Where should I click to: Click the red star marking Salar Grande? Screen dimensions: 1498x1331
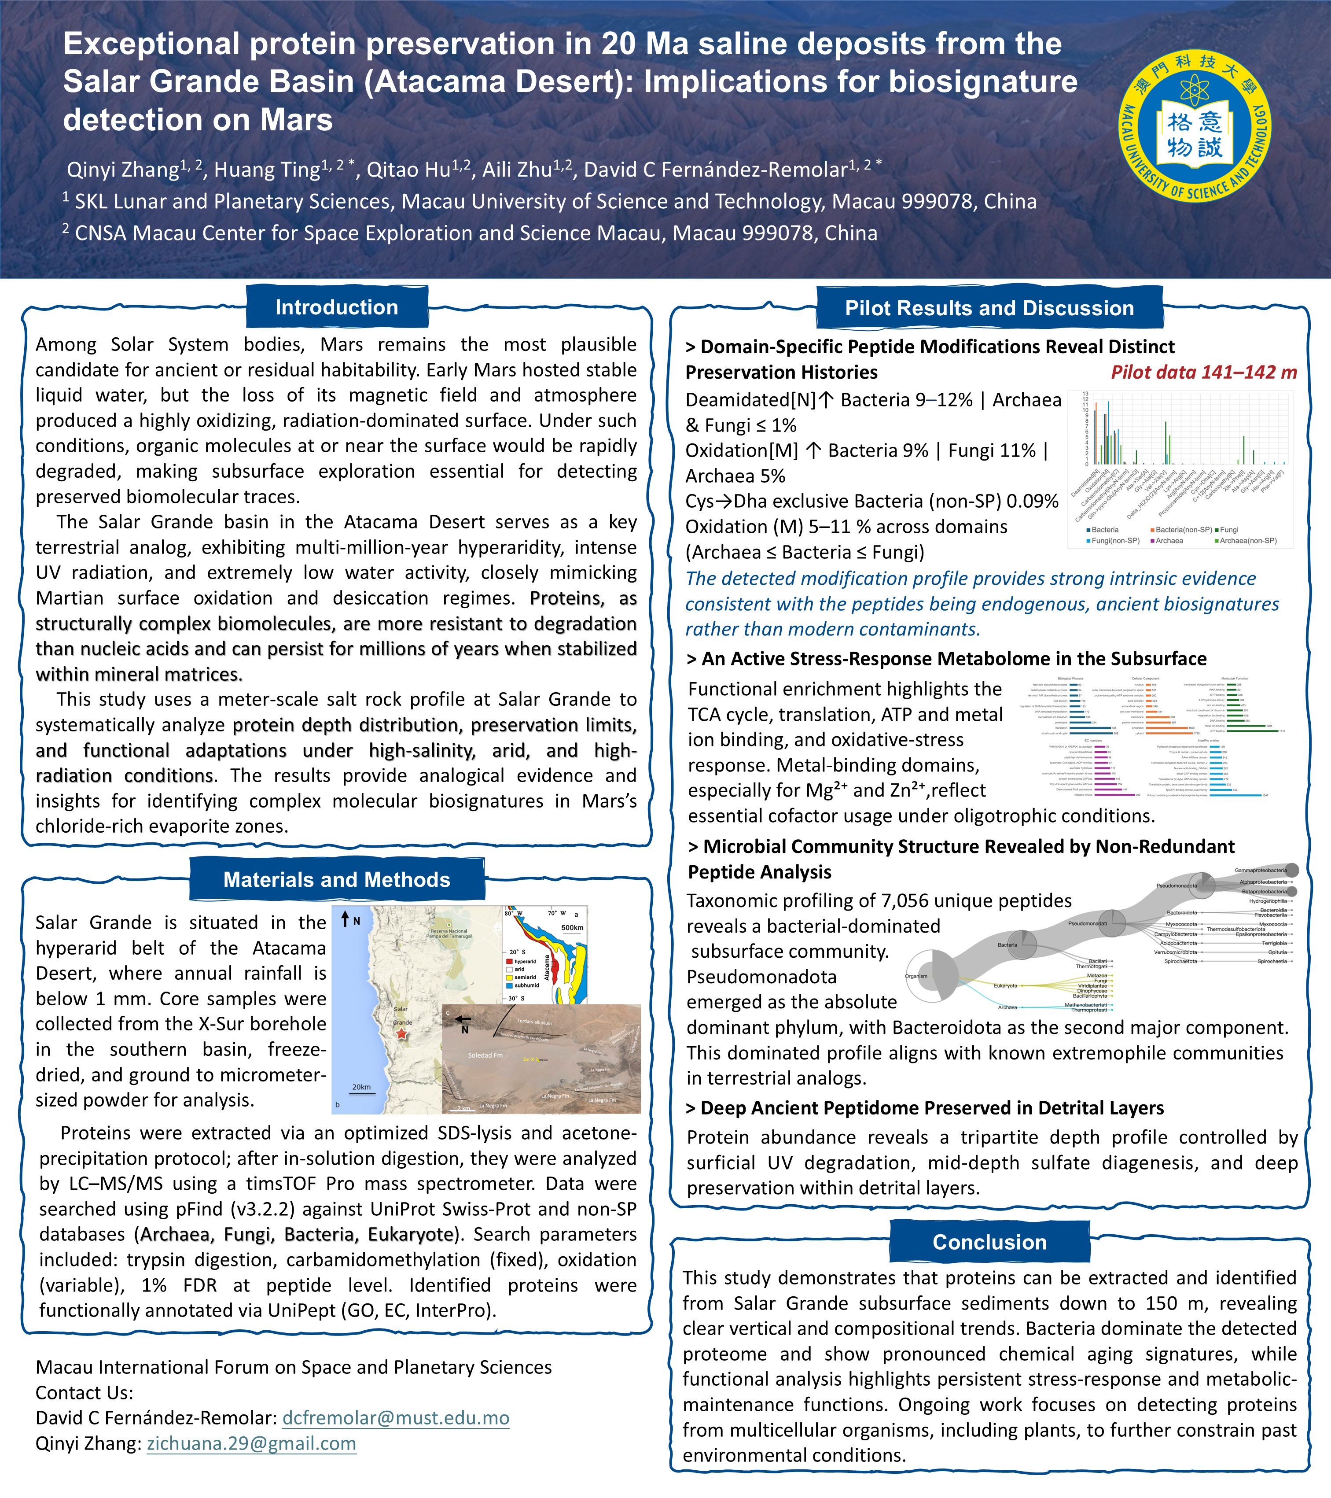point(401,1033)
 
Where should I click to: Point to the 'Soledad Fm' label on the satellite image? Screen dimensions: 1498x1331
point(485,1055)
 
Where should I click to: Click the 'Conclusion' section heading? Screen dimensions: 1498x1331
point(989,1242)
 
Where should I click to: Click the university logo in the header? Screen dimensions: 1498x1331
point(1195,126)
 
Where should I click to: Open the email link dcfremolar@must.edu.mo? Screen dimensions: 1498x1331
point(396,1418)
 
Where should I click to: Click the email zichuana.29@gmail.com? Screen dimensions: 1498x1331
point(251,1444)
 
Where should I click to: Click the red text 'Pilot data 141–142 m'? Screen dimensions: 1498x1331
point(1203,373)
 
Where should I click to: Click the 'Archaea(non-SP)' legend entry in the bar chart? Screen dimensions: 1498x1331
point(1247,541)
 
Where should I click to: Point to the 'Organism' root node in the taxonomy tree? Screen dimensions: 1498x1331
point(916,976)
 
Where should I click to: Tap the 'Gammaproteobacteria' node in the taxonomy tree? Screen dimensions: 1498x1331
point(1261,870)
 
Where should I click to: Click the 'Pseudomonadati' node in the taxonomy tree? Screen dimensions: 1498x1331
point(1087,923)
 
